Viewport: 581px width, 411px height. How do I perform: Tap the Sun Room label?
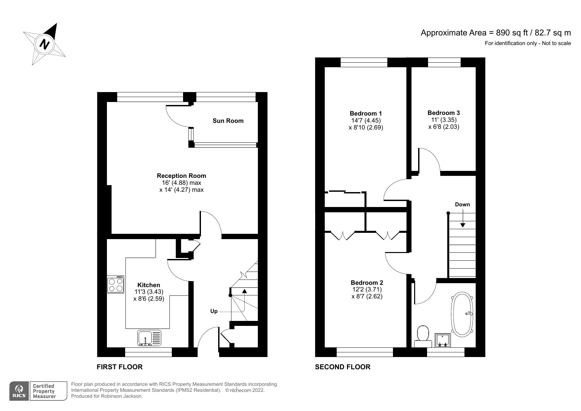pyautogui.click(x=228, y=121)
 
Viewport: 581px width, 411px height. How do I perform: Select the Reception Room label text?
pyautogui.click(x=181, y=176)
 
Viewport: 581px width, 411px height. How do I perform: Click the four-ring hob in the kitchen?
pyautogui.click(x=116, y=284)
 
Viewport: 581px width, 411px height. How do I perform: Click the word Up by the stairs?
pyautogui.click(x=214, y=311)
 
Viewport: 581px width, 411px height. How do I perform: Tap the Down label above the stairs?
pyautogui.click(x=462, y=204)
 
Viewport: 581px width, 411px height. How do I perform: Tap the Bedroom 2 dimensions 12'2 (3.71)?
pyautogui.click(x=367, y=289)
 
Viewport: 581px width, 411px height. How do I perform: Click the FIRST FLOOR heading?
pyautogui.click(x=120, y=367)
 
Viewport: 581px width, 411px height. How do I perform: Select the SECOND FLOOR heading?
pyautogui.click(x=343, y=367)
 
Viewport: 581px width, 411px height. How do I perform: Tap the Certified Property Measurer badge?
pyautogui.click(x=44, y=391)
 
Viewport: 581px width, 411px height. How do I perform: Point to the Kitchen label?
pyautogui.click(x=149, y=285)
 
